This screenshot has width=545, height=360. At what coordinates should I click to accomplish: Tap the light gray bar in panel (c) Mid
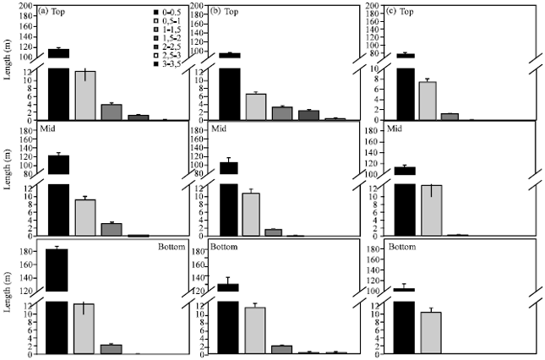[x=432, y=210]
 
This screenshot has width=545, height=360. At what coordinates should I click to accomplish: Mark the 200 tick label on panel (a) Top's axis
[x=26, y=7]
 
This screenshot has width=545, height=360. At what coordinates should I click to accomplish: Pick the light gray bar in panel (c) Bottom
[x=432, y=333]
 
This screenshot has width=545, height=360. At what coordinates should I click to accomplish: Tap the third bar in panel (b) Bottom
[x=282, y=350]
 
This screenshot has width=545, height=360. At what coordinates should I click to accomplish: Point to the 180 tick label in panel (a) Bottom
[x=26, y=252]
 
